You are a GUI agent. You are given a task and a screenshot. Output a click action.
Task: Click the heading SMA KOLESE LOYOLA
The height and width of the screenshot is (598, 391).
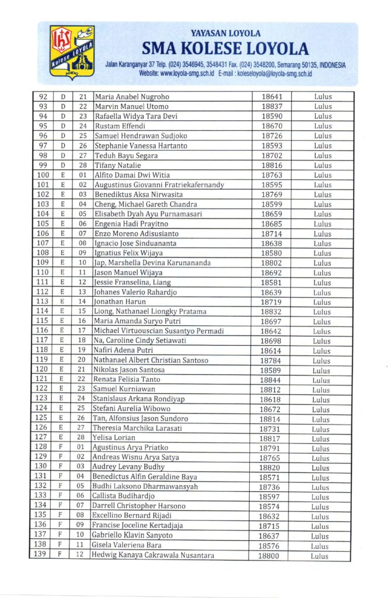(x=225, y=48)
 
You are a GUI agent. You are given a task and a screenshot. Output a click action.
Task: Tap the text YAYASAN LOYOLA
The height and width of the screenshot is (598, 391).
(x=225, y=33)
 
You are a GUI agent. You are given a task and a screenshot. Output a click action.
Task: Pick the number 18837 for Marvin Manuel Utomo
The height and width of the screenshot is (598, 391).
(x=272, y=106)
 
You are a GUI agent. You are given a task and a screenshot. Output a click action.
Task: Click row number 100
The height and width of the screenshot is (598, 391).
(x=43, y=175)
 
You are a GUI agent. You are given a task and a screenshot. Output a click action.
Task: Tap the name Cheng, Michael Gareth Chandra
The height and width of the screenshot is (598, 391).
(x=145, y=204)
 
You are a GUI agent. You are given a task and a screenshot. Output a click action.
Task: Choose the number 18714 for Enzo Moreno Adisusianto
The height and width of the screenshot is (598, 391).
(x=271, y=234)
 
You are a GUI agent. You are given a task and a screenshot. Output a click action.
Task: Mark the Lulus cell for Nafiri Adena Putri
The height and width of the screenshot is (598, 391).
(x=322, y=350)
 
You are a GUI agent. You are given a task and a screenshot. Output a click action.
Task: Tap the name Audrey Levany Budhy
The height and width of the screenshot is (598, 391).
(x=128, y=467)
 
